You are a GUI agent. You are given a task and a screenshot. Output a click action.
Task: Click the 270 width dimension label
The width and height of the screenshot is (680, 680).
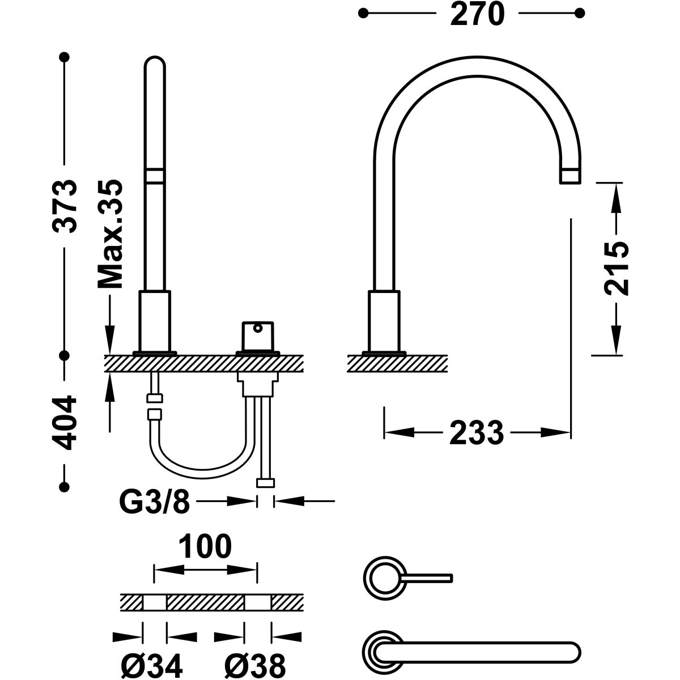(x=477, y=14)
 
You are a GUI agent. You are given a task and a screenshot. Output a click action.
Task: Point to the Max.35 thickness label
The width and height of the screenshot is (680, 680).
(x=110, y=234)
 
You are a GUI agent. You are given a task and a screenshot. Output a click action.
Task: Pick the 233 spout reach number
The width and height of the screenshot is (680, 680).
(x=477, y=433)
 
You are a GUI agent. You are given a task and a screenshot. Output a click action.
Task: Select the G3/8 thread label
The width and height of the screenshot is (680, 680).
(x=153, y=501)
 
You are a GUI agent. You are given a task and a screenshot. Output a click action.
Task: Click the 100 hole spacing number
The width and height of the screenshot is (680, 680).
(x=205, y=547)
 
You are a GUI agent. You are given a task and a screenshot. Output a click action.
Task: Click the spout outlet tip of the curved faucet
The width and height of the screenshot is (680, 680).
(x=571, y=176)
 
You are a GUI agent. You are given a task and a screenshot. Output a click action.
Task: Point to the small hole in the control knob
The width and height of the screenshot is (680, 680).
(x=258, y=328)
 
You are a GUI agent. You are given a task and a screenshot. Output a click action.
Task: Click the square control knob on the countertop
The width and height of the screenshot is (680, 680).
(x=258, y=337)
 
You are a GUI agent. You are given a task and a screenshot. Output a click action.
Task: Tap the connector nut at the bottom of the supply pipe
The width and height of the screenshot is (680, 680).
(x=265, y=483)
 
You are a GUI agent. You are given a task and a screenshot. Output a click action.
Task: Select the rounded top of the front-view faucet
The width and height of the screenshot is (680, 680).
(x=155, y=62)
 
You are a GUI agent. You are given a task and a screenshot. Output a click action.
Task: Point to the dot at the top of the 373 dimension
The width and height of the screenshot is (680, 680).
(x=64, y=57)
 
